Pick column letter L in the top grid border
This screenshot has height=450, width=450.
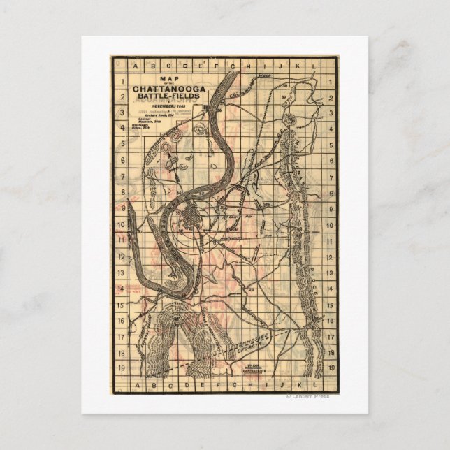tap(315, 67)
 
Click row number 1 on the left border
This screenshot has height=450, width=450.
tap(123, 82)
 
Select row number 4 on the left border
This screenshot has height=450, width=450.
tap(123, 130)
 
